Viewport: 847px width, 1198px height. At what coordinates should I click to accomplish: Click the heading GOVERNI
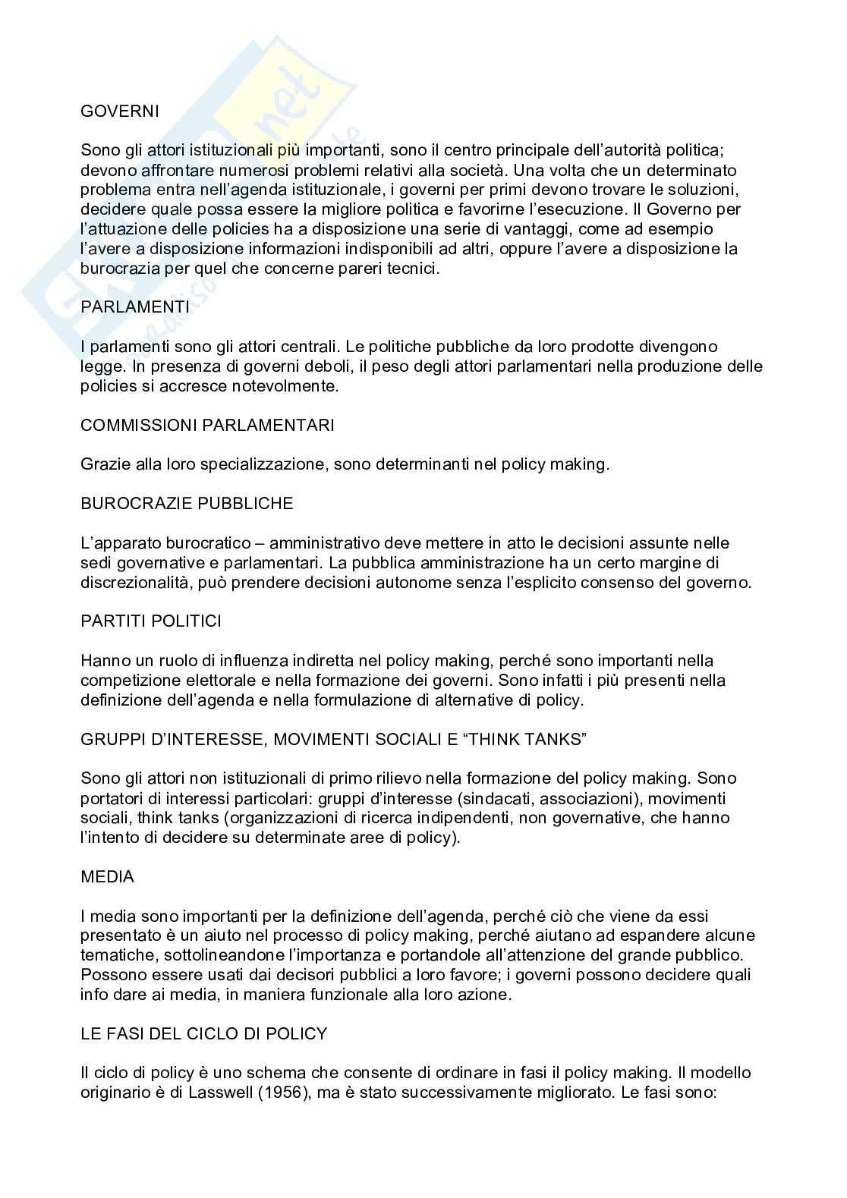120,111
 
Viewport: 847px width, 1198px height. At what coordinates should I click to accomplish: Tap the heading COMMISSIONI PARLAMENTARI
207,425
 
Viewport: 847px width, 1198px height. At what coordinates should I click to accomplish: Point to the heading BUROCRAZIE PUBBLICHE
187,503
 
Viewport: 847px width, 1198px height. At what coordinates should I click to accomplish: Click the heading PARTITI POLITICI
151,621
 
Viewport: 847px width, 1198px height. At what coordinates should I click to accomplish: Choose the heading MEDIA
107,876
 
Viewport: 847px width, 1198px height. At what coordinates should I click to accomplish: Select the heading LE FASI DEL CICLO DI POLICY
204,1033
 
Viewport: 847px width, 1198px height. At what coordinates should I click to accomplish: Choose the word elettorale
215,680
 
